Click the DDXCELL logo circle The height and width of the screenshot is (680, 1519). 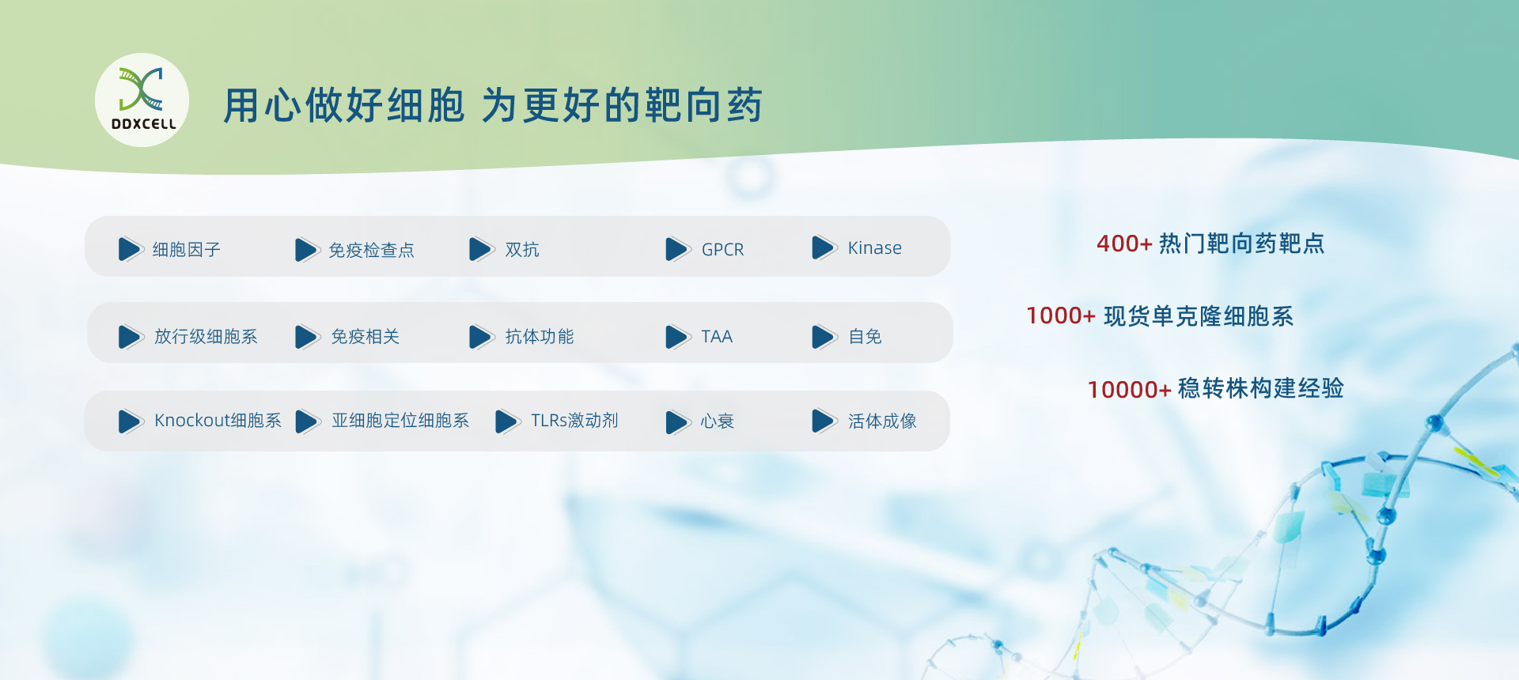point(142,100)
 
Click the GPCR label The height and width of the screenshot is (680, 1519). point(722,250)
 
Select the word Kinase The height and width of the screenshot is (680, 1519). point(874,248)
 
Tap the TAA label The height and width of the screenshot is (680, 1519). point(717,337)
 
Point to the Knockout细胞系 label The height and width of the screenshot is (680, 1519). point(218,421)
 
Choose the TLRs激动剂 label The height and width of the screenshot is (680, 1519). point(574,421)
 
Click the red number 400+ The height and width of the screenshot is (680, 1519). point(1124,244)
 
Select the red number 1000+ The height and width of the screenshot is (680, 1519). point(1061,316)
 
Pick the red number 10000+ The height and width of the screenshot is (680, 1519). point(1129,389)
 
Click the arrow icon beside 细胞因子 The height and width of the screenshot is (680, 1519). point(130,249)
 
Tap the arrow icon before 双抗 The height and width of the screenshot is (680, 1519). point(481,249)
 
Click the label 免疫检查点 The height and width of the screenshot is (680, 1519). point(371,251)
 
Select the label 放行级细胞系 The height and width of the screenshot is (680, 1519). point(206,337)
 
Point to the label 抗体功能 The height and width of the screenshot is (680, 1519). point(540,337)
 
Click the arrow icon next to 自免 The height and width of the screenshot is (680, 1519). point(824,337)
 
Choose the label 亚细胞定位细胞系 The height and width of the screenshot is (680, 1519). point(400,421)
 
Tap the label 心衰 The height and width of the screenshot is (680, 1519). point(717,421)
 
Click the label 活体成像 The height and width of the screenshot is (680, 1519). point(882,421)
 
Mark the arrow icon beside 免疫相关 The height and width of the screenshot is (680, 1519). point(307,337)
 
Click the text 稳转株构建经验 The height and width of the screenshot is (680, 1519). point(1261,388)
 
